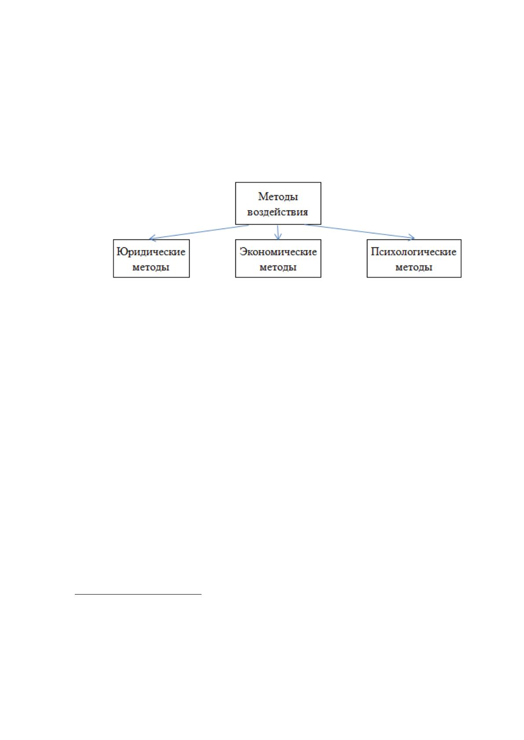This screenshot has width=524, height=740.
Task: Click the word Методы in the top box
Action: pyautogui.click(x=278, y=196)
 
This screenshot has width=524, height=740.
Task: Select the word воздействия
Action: pyautogui.click(x=278, y=212)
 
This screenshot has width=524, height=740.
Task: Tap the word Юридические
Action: pyautogui.click(x=151, y=252)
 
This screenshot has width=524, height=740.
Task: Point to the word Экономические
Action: pyautogui.click(x=278, y=252)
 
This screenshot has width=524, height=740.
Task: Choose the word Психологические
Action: pyautogui.click(x=414, y=252)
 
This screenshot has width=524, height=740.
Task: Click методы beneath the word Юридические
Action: pyautogui.click(x=151, y=267)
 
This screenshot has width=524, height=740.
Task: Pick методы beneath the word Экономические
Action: pyautogui.click(x=278, y=267)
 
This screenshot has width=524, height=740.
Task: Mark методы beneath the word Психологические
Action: pyautogui.click(x=414, y=267)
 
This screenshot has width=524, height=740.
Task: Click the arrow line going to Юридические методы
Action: pyautogui.click(x=199, y=232)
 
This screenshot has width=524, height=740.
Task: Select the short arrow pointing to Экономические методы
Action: pyautogui.click(x=278, y=232)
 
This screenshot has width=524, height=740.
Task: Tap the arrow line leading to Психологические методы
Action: pyautogui.click(x=359, y=231)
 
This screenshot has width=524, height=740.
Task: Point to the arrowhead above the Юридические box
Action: pyautogui.click(x=152, y=238)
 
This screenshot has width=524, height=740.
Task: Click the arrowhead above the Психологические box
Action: pyautogui.click(x=412, y=237)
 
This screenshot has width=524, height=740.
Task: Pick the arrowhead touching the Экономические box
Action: pyautogui.click(x=278, y=236)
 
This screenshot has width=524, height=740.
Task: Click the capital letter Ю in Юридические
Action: pyautogui.click(x=122, y=252)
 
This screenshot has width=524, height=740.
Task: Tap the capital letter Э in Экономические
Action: pyautogui.click(x=243, y=252)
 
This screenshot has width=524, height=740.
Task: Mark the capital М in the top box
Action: pyautogui.click(x=263, y=196)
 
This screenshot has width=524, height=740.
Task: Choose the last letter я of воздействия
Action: pyautogui.click(x=304, y=212)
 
